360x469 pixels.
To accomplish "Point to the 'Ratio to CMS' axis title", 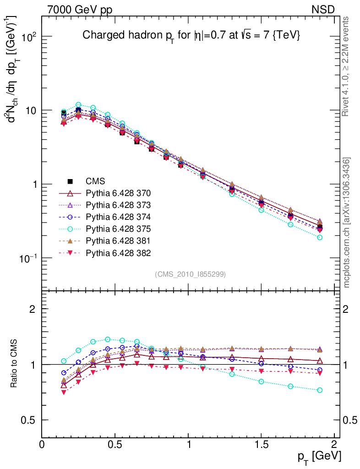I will [x=15, y=364].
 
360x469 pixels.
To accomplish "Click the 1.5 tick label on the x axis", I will [x=261, y=445].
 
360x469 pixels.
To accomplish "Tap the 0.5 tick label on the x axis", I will [x=115, y=445].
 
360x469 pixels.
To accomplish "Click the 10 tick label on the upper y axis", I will [x=31, y=110].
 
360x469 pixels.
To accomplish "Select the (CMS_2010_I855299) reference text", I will [x=190, y=274].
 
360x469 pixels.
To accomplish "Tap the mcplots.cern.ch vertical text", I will [x=346, y=223].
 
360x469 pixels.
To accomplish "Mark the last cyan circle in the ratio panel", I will [x=320, y=390].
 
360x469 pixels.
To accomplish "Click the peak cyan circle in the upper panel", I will [x=78, y=105].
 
